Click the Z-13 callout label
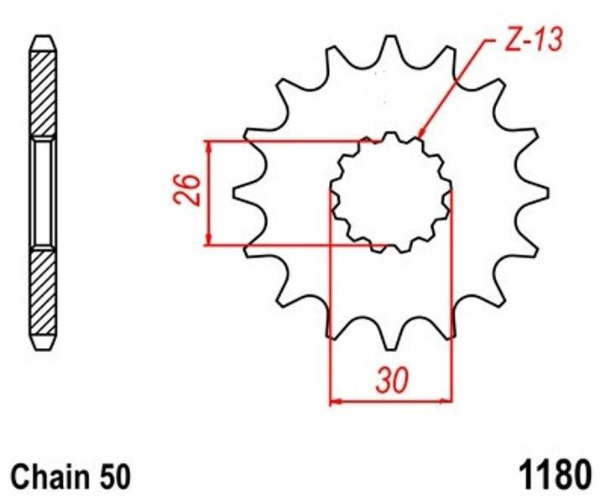pyautogui.click(x=534, y=39)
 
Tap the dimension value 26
pyautogui.click(x=187, y=189)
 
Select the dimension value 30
pyautogui.click(x=392, y=380)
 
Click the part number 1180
pyautogui.click(x=555, y=474)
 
